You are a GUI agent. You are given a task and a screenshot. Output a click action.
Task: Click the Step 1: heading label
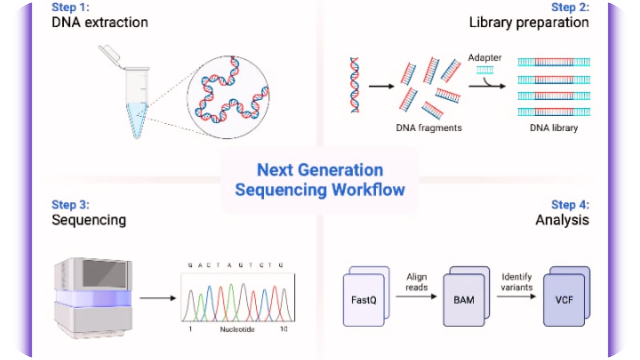tap(70, 7)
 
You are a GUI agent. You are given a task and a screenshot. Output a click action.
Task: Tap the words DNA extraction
tap(100, 22)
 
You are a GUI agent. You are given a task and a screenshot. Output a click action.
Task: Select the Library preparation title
tap(529, 22)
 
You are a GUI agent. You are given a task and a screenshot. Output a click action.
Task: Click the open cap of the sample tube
tap(109, 55)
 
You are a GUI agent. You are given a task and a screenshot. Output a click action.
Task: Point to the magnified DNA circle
tap(228, 97)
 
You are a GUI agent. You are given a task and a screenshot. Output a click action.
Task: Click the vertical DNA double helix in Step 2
tap(355, 85)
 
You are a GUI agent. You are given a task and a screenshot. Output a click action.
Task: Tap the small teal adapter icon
tap(484, 70)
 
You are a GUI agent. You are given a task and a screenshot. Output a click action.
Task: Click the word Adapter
tap(484, 58)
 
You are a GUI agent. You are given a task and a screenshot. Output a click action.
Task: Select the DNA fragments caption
tap(429, 127)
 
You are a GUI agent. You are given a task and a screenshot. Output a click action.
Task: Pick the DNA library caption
tap(554, 127)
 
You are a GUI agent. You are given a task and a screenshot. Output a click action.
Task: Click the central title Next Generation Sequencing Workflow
tap(320, 180)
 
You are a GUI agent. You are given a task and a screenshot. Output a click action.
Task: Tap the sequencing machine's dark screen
tap(104, 274)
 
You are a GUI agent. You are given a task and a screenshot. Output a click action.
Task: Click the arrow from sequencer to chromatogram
tap(157, 298)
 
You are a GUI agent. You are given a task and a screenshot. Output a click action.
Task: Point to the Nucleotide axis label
tap(237, 330)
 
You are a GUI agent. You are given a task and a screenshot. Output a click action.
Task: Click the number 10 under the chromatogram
tap(284, 330)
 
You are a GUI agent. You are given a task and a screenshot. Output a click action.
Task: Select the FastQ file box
tap(364, 300)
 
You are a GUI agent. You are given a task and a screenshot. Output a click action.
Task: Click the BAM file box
tap(464, 300)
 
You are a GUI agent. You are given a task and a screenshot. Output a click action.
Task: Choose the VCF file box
tap(564, 300)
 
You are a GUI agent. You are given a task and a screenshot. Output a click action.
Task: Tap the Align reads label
tap(416, 282)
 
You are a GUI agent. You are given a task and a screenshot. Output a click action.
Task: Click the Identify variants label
tap(516, 282)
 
